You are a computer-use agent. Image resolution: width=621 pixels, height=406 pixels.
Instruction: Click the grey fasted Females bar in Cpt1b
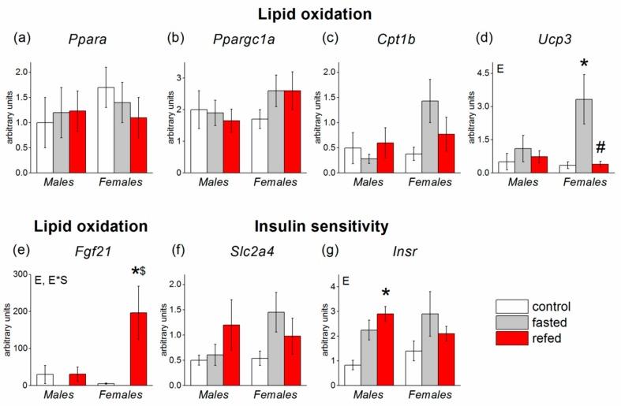428,136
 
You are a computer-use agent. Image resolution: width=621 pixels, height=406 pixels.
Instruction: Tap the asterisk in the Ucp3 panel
585,62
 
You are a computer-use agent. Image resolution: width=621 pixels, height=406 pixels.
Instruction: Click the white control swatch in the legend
510,306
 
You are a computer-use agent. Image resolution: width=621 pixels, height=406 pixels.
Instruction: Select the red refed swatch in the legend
510,341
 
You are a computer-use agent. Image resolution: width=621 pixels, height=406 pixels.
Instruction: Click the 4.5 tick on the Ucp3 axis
481,72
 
